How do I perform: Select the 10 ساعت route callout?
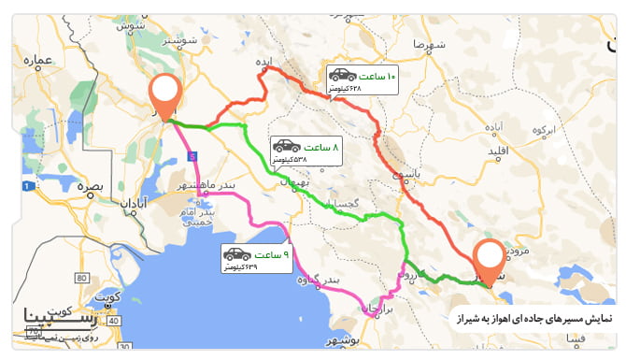(362, 80)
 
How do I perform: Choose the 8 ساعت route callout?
(305, 151)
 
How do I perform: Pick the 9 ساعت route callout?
(256, 259)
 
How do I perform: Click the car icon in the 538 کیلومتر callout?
(286, 146)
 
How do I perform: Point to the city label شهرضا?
(412, 44)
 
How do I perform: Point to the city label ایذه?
(270, 62)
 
